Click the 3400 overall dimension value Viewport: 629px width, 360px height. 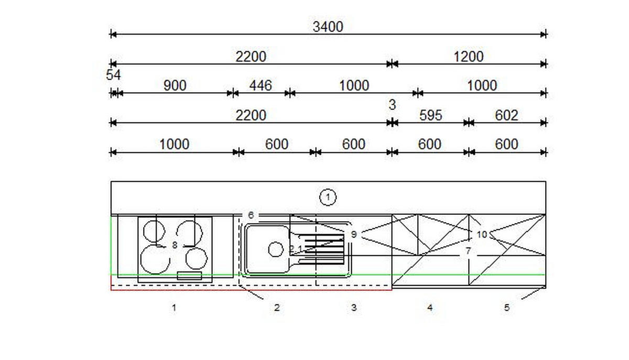coord(328,27)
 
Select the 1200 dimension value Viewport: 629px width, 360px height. coord(469,57)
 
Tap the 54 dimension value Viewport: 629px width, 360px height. coord(113,75)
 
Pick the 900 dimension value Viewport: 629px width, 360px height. coord(175,85)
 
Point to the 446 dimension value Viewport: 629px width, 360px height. coord(261,85)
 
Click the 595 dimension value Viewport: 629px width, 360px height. coord(431,115)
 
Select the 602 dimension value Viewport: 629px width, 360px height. coord(506,115)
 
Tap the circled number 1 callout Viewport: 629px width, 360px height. coord(328,198)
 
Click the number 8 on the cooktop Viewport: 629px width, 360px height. coord(175,245)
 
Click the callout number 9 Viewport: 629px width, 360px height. coord(354,234)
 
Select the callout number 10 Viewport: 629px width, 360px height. coord(482,234)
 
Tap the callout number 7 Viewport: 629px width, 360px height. coord(468,251)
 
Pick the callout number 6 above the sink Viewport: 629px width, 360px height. coord(251,215)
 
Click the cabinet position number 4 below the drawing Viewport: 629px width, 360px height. coord(430,308)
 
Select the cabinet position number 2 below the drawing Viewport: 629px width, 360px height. coord(277,308)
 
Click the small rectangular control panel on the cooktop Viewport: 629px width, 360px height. coord(189,276)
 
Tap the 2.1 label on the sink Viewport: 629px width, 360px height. coord(296,249)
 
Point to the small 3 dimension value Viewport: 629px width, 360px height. coord(392,105)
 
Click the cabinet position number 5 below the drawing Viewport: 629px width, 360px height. coord(506,308)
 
